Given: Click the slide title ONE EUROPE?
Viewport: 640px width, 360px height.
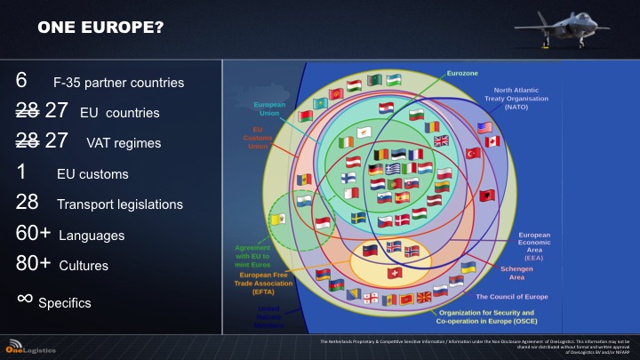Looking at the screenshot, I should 100,28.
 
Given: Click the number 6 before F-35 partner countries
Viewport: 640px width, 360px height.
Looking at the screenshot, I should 21,81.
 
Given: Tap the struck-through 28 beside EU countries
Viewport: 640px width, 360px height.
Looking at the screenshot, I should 28,112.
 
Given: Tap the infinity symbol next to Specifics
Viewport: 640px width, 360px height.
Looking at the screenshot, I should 25,298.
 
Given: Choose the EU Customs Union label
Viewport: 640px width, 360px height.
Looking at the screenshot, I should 257,140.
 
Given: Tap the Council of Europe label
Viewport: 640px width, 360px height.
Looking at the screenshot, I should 512,296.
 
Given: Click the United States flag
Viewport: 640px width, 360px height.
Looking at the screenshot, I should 484,127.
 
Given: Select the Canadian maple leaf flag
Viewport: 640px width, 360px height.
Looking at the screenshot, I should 492,141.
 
